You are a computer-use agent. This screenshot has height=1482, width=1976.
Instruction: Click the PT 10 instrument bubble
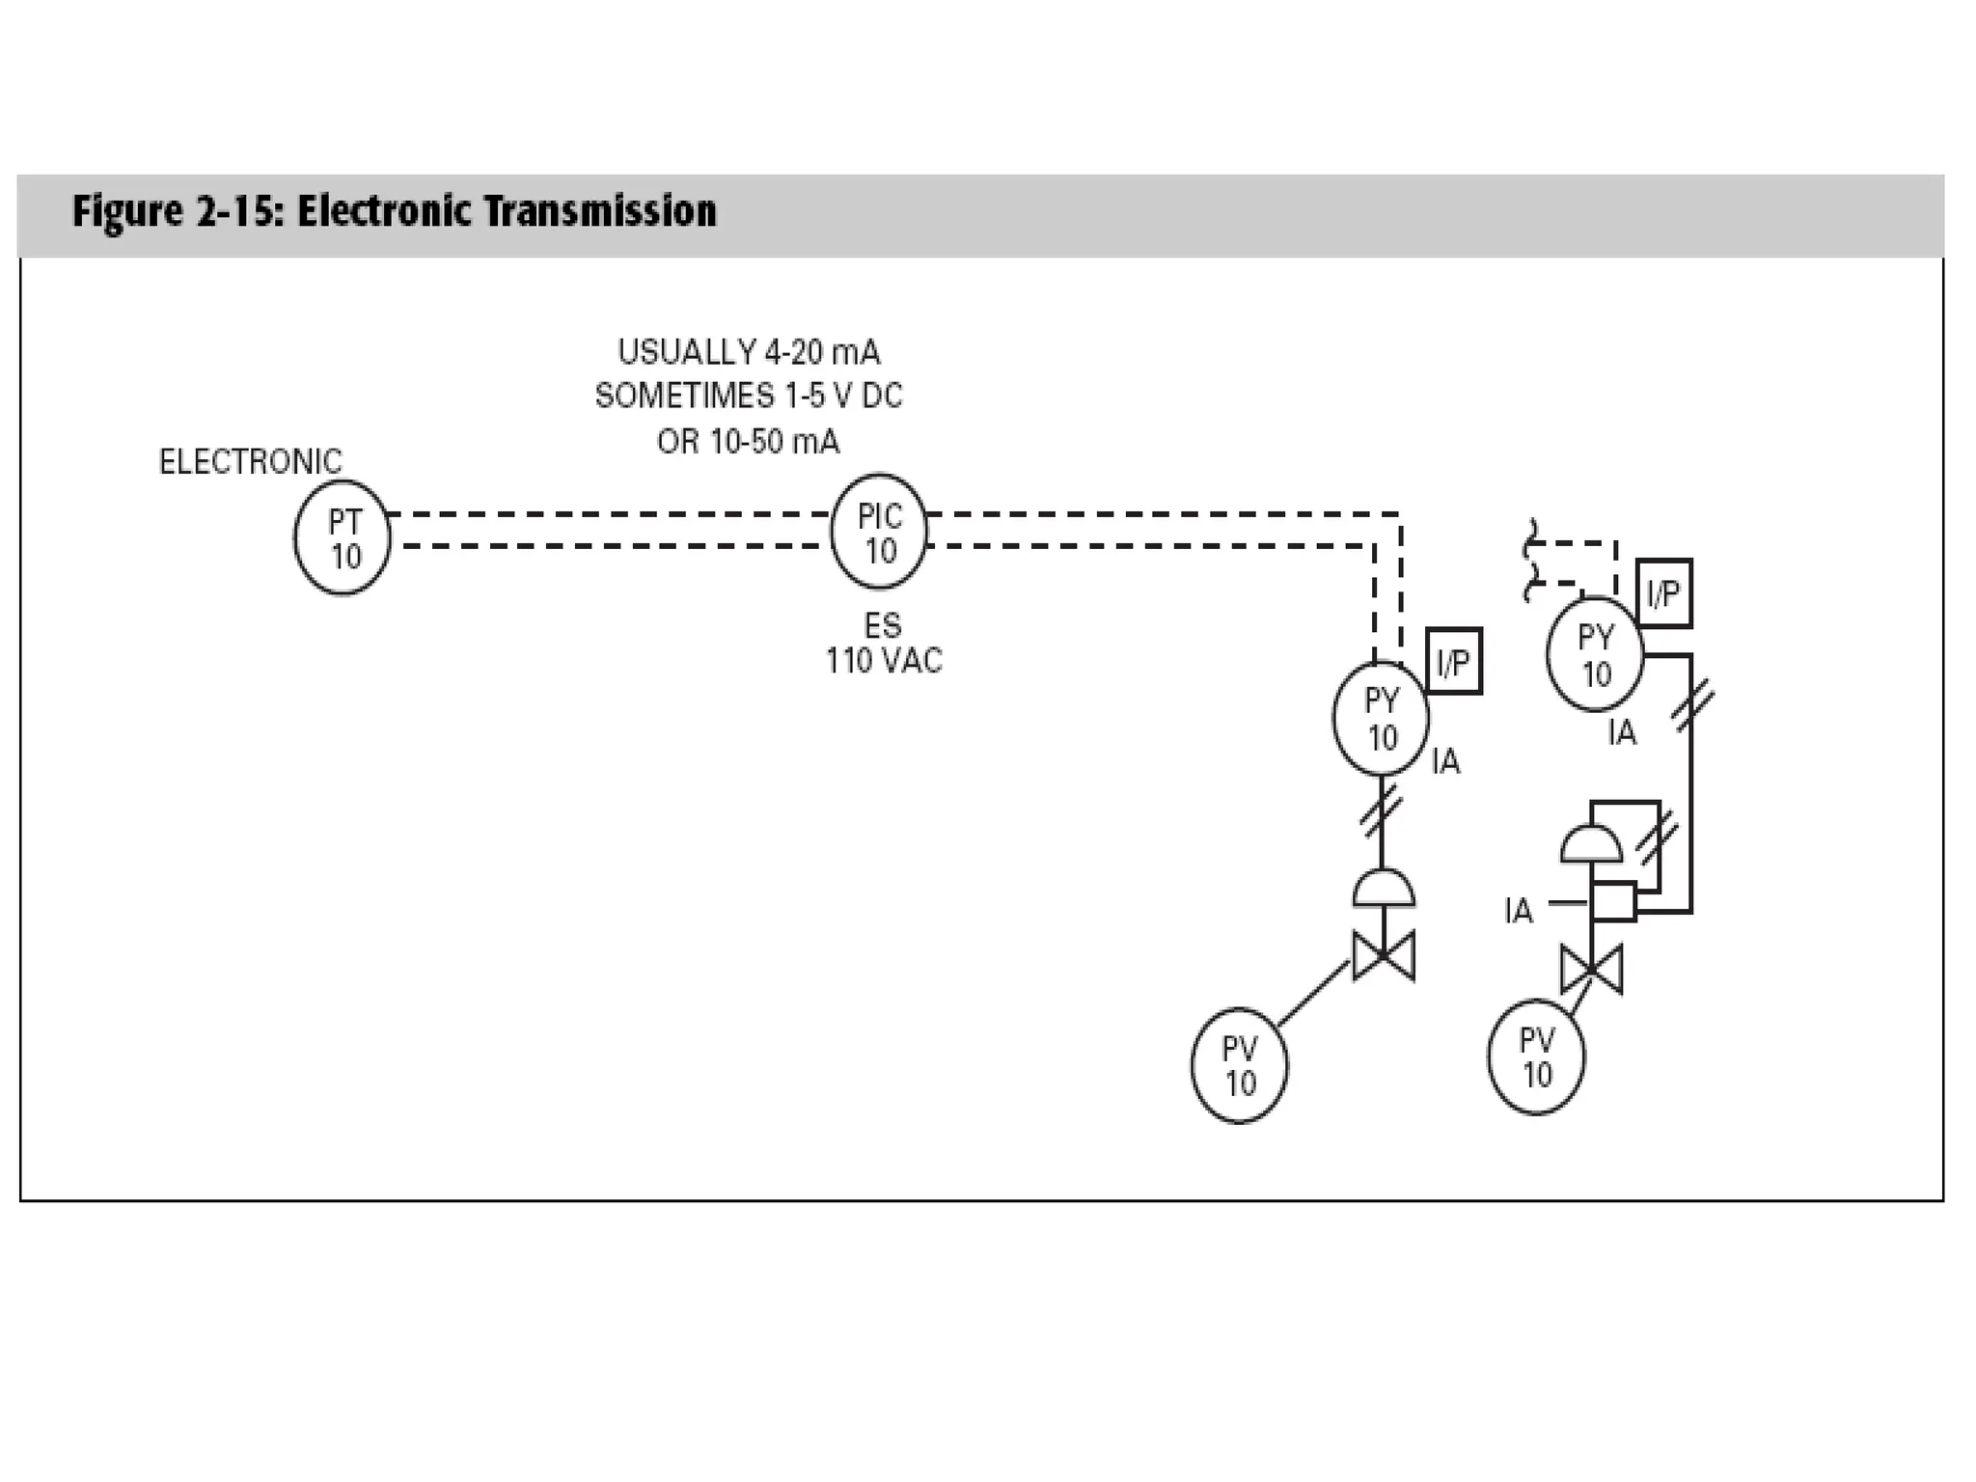(x=343, y=538)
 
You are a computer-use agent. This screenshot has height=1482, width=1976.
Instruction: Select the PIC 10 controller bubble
(x=879, y=532)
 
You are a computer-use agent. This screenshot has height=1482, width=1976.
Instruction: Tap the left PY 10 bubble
(x=1381, y=718)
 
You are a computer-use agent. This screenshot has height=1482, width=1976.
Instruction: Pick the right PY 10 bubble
(x=1595, y=654)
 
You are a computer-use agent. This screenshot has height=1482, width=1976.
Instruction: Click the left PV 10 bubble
(x=1240, y=1066)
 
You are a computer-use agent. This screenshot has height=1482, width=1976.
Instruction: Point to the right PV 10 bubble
(x=1536, y=1057)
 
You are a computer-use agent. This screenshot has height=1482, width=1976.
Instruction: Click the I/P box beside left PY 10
(x=1453, y=662)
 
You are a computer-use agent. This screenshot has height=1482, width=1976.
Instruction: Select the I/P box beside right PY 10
(x=1664, y=593)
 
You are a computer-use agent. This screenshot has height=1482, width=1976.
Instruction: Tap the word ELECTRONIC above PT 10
(x=250, y=462)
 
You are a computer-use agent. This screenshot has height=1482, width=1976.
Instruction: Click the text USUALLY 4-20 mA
(x=749, y=352)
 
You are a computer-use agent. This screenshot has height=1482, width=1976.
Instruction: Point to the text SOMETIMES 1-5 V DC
(x=749, y=397)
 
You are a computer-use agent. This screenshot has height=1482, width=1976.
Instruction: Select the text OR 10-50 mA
(x=749, y=442)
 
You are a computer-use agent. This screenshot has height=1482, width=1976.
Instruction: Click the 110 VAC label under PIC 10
(x=884, y=661)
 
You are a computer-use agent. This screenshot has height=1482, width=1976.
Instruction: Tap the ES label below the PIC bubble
(x=883, y=626)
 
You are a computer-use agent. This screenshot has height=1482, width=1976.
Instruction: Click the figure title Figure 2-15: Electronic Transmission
(x=395, y=211)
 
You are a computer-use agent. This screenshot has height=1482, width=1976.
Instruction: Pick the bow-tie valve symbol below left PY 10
(x=1384, y=955)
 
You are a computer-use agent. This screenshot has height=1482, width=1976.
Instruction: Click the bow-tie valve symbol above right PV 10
(x=1592, y=970)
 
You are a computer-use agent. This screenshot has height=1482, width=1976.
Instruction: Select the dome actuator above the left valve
(x=1384, y=889)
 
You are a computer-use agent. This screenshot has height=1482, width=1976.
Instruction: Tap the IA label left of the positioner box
(x=1518, y=910)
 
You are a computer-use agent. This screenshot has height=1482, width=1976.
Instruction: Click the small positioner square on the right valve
(x=1613, y=901)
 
